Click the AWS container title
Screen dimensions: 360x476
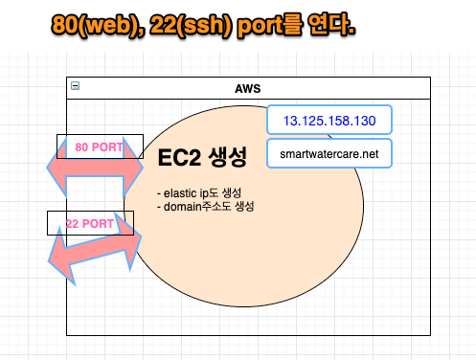point(247,88)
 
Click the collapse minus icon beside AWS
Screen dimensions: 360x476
point(76,86)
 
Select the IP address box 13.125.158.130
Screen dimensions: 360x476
point(329,122)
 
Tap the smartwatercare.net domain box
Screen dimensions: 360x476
point(329,152)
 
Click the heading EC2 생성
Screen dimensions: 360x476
point(202,157)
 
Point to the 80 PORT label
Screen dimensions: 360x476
point(100,147)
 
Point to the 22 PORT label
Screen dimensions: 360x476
point(90,224)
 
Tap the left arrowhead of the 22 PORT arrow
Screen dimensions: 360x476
point(59,259)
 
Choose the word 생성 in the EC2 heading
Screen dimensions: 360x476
point(226,157)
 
